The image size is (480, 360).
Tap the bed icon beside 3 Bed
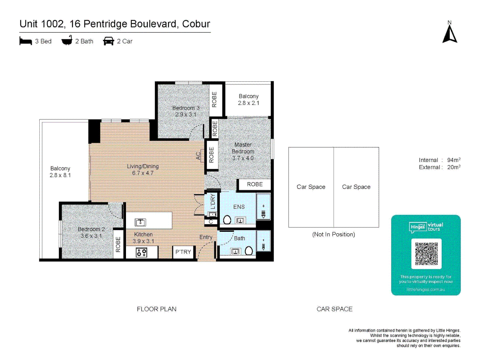tap(26, 41)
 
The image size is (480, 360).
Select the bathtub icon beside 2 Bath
tap(67, 41)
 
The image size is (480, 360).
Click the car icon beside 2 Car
tap(109, 41)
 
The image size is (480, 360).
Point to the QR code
tap(426, 254)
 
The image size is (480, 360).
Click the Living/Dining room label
tap(143, 166)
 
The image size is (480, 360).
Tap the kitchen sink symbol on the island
tap(140, 222)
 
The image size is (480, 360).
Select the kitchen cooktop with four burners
tap(141, 252)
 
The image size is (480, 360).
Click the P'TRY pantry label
tap(183, 252)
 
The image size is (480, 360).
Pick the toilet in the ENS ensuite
tap(227, 220)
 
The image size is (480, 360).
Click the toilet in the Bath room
tap(249, 251)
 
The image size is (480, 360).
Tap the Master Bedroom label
tap(243, 148)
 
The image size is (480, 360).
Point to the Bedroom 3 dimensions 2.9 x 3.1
tap(186, 114)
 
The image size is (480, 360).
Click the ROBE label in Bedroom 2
tap(118, 244)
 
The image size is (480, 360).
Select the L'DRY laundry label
tap(213, 201)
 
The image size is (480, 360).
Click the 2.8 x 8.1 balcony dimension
tap(60, 175)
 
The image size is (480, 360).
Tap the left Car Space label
tap(311, 187)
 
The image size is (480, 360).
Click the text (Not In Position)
tap(333, 234)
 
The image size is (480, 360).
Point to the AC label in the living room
tap(198, 156)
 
